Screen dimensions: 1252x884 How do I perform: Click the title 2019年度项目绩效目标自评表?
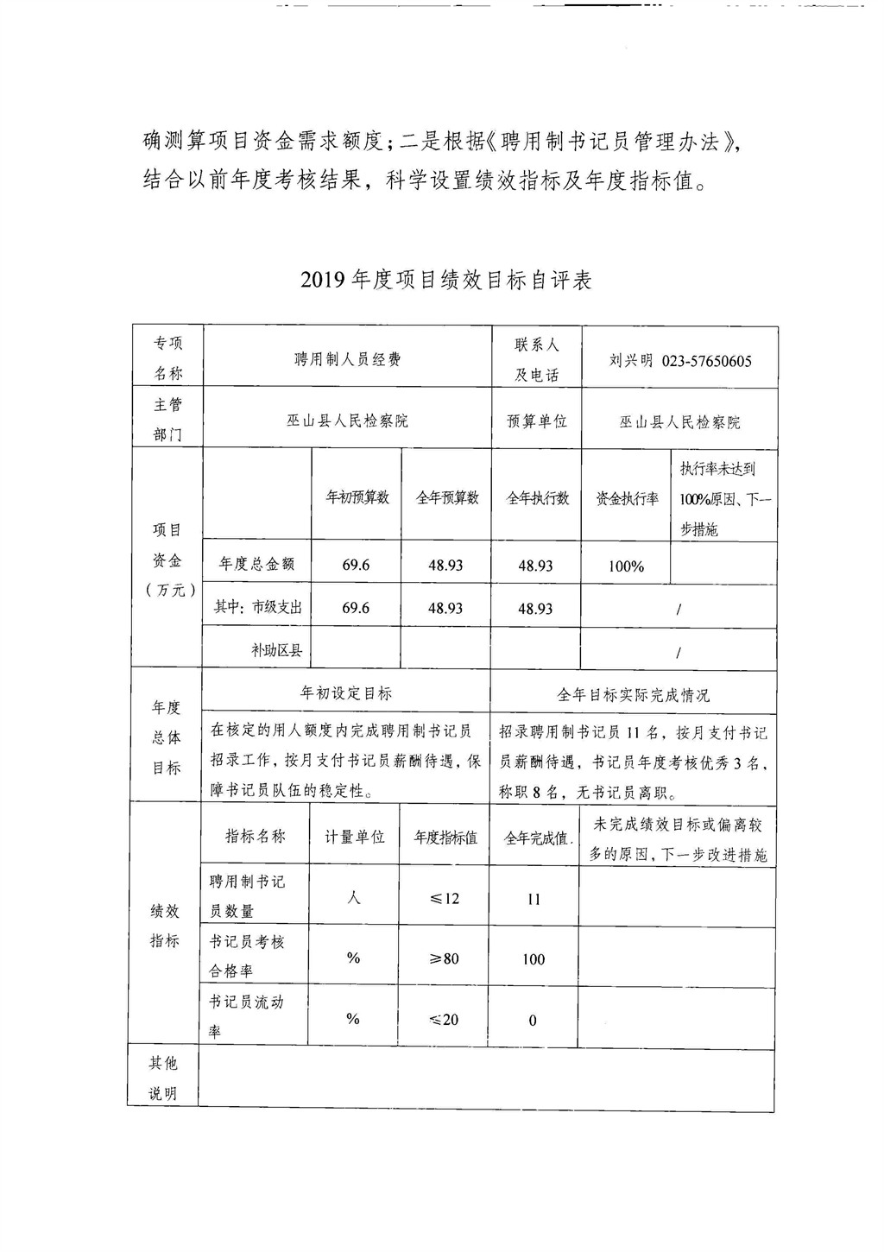tap(446, 281)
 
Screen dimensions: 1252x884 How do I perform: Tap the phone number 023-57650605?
tap(706, 361)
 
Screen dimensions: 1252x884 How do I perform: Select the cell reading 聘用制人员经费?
tap(347, 359)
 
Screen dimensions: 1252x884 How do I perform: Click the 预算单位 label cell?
tap(536, 421)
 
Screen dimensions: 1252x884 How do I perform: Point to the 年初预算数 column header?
tap(357, 497)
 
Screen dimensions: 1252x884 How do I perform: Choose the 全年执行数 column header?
tap(536, 498)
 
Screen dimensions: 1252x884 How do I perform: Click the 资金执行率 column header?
tap(627, 498)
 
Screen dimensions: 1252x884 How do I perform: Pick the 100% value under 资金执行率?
tap(626, 566)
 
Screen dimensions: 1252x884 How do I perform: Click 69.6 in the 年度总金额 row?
tap(356, 565)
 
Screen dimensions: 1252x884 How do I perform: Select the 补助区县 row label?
tap(276, 650)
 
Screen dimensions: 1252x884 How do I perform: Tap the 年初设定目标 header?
tap(345, 693)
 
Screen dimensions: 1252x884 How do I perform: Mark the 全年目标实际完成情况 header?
tap(633, 695)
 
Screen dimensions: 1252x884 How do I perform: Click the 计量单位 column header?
tap(354, 837)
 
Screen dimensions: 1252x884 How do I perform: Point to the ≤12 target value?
tap(445, 899)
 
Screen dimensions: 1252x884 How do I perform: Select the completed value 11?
tap(534, 900)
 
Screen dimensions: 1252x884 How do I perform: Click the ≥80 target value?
tap(445, 958)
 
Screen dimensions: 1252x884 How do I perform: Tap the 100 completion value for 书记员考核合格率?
tap(534, 959)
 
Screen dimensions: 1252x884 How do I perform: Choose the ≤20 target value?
tap(445, 1020)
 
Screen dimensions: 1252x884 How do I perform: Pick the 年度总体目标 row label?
tap(167, 737)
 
